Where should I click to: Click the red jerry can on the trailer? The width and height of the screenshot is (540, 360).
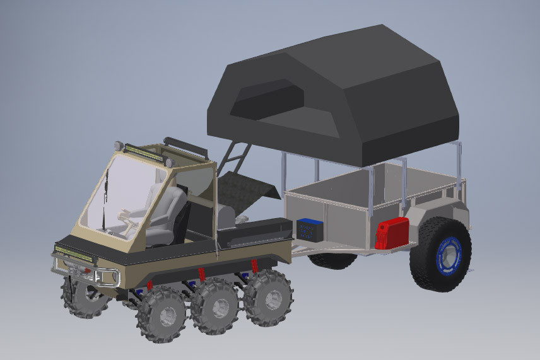(391, 233)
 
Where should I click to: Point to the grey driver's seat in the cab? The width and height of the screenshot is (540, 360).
(167, 214)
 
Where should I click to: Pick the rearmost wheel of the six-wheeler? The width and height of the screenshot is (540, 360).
(268, 296)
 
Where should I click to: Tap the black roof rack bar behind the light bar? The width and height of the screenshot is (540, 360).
(185, 147)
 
